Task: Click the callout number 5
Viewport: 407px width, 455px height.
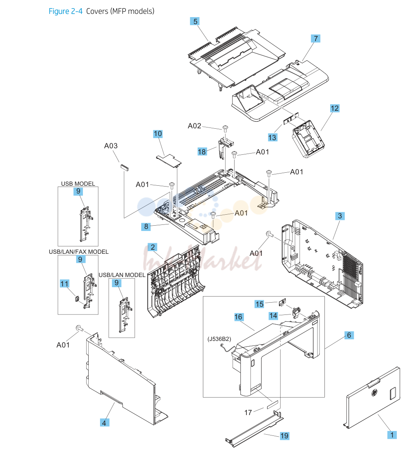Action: [195, 22]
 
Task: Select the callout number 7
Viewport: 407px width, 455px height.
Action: [316, 39]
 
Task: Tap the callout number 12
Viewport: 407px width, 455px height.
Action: [335, 108]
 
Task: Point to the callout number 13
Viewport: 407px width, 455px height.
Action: [272, 137]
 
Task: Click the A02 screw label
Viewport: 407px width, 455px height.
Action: [194, 125]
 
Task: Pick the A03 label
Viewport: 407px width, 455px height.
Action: [111, 146]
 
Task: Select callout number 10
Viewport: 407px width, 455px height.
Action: [158, 134]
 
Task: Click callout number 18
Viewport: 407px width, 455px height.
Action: [202, 152]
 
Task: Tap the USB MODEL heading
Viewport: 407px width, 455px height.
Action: [78, 184]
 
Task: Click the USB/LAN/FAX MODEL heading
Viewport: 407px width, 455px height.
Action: [78, 252]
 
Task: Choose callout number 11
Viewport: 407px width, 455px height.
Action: [65, 284]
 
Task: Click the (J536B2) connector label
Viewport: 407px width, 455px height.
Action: [219, 339]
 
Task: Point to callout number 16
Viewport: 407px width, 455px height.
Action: [238, 317]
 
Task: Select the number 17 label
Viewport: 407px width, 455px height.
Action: [248, 412]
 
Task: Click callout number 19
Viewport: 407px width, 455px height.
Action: [285, 435]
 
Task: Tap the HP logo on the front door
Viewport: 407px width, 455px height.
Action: [374, 393]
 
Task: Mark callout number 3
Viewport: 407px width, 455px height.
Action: [340, 216]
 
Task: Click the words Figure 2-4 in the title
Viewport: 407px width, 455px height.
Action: [65, 11]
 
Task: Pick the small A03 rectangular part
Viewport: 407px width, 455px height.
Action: [124, 167]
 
